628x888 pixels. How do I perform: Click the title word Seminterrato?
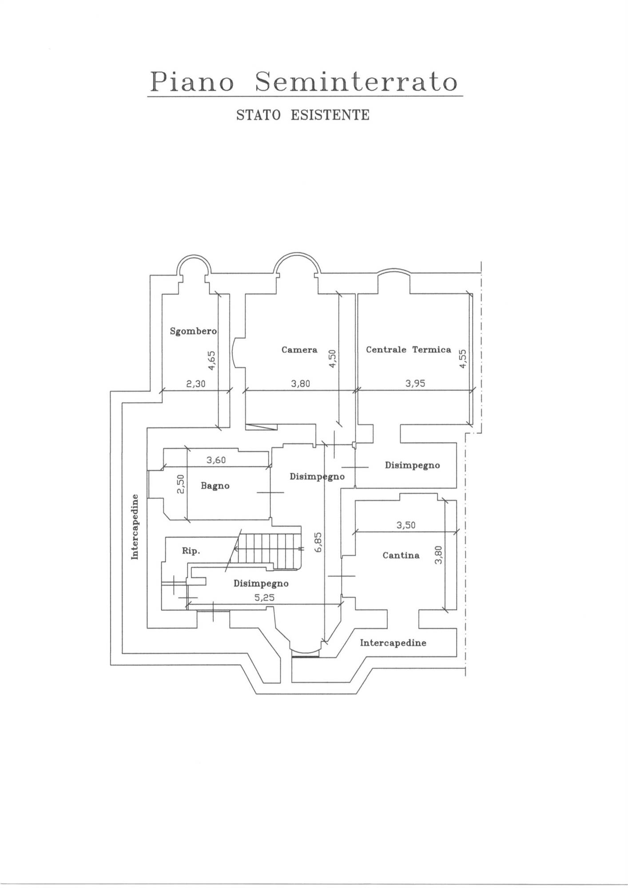pos(356,82)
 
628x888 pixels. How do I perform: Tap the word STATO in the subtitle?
pos(258,115)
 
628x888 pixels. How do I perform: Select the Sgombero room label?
pos(193,331)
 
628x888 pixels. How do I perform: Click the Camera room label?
pos(299,350)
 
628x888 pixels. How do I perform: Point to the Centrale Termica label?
pos(409,350)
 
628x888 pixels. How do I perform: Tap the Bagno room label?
pos(215,486)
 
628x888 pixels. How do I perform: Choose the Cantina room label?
pos(401,555)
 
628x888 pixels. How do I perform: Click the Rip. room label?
pos(191,551)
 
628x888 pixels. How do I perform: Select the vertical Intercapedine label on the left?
pos(135,527)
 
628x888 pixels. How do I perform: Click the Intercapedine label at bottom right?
pos(393,643)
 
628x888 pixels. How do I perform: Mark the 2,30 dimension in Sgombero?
pos(196,384)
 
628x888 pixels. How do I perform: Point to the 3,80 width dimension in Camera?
pos(301,384)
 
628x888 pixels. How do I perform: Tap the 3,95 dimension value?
pos(415,384)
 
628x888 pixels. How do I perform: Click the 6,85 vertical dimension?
pos(318,543)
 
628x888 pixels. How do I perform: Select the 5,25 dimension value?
pos(264,598)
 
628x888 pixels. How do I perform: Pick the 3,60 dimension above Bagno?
pos(216,460)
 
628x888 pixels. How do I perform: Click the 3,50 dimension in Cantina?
pos(406,525)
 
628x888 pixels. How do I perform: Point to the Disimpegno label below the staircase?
pos(261,583)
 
